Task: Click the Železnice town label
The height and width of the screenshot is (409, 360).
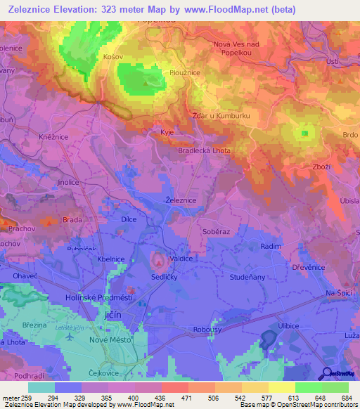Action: [180, 200]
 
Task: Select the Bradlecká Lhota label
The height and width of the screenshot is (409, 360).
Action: [204, 150]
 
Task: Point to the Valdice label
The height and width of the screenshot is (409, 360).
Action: [181, 259]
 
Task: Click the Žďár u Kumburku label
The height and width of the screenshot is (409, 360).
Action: [221, 115]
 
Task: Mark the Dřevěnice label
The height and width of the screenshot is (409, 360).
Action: [307, 267]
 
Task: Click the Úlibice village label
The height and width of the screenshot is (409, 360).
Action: [289, 326]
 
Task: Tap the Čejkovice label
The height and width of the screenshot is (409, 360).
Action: [108, 374]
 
